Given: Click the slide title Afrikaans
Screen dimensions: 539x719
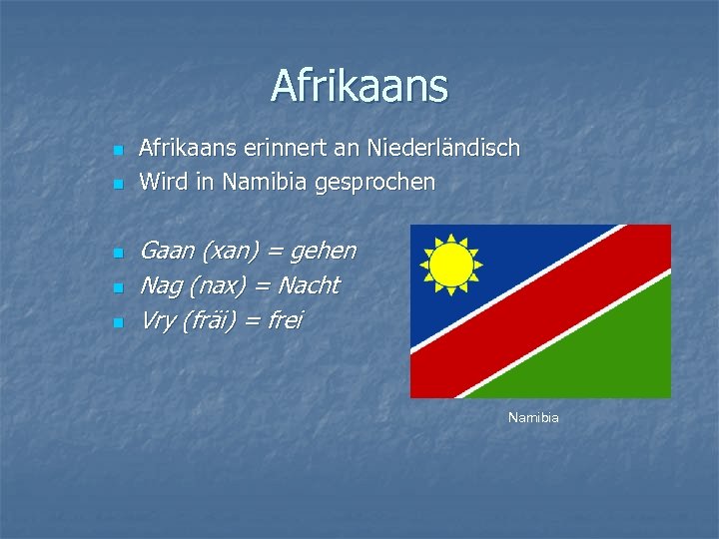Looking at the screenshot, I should tap(359, 86).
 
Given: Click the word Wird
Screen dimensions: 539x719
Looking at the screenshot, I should tap(160, 182).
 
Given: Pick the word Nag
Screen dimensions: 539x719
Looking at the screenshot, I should tap(161, 286).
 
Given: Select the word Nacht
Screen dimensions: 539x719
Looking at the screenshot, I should tap(309, 285).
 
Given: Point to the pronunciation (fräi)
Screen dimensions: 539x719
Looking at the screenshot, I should tap(218, 321).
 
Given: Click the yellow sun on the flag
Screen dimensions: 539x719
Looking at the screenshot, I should tap(450, 266).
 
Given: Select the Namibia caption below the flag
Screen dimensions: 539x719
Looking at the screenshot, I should tap(533, 417).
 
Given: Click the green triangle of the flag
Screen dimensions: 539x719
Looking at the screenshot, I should tap(619, 359).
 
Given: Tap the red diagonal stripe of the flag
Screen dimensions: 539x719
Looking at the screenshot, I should tap(540, 310).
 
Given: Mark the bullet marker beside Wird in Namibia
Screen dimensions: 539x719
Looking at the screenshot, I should tap(117, 185).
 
